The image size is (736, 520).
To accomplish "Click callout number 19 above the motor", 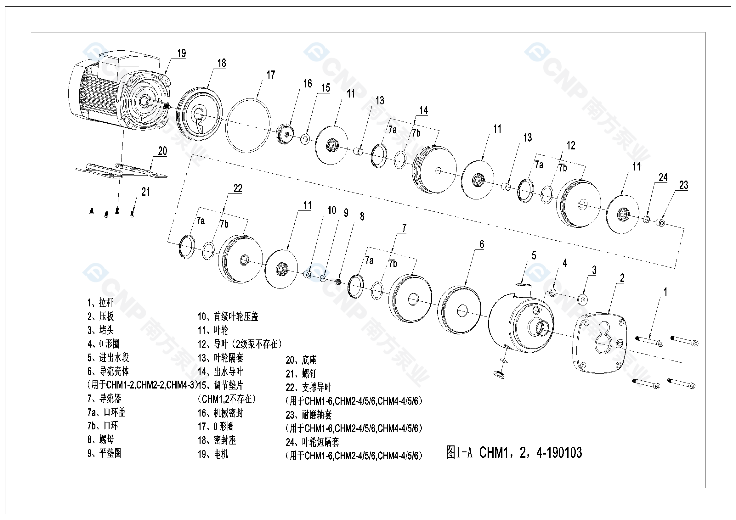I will coord(181,53).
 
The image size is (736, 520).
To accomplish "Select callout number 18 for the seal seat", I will coord(222,63).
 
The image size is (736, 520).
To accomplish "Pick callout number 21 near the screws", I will coord(145,192).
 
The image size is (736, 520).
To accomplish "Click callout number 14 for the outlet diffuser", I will coord(423,110).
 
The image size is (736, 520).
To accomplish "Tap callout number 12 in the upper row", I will coord(571,146).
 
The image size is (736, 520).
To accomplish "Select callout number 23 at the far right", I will coord(683,185).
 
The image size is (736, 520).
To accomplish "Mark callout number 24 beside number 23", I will coord(663,177).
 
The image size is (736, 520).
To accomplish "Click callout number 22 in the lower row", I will coord(238,189).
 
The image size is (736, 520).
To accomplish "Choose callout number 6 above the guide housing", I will coord(481,244).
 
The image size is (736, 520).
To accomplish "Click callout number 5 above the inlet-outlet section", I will coord(534,256).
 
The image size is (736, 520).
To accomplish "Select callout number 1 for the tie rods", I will coord(665,292).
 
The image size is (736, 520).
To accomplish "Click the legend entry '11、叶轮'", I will coord(213,330).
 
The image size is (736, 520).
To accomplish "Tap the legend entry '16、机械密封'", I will coord(221,413).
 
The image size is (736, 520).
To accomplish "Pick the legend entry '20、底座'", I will coord(301,360).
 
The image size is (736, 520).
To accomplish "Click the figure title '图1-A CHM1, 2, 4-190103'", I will coord(513,452).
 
